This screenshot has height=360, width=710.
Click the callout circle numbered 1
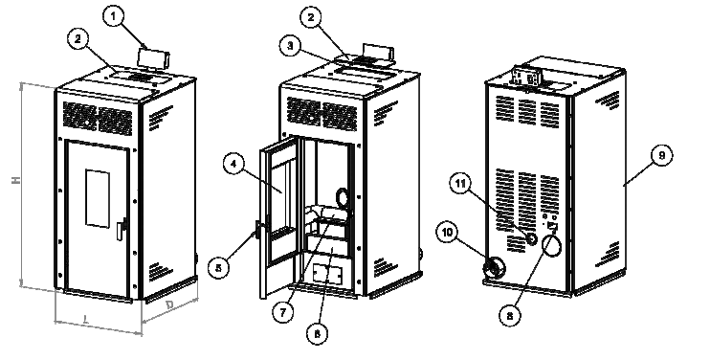[x=113, y=17]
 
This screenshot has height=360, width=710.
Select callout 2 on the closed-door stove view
[x=78, y=39]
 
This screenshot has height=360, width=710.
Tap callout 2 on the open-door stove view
[x=311, y=17]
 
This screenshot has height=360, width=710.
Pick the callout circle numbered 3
[x=290, y=46]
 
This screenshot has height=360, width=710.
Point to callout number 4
[x=233, y=165]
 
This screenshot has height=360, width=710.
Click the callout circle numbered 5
[x=219, y=268]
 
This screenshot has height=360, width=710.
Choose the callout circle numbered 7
[x=283, y=312]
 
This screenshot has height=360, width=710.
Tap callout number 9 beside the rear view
[x=661, y=156]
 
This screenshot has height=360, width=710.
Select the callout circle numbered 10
[x=447, y=233]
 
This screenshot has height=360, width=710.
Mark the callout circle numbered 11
[x=460, y=183]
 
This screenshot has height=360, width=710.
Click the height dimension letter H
[x=16, y=180]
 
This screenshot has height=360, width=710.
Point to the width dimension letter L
[x=86, y=321]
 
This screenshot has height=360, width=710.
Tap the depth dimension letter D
[x=169, y=305]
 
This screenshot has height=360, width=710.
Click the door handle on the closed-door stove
[x=122, y=228]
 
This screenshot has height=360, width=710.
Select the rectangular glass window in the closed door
[x=98, y=199]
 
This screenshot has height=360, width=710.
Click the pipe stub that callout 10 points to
[x=495, y=267]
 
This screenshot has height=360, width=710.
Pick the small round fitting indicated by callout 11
[x=531, y=237]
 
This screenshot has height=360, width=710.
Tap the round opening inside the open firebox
[x=341, y=196]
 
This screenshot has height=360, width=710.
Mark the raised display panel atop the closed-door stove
[x=153, y=57]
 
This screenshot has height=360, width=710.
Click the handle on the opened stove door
[x=259, y=230]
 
